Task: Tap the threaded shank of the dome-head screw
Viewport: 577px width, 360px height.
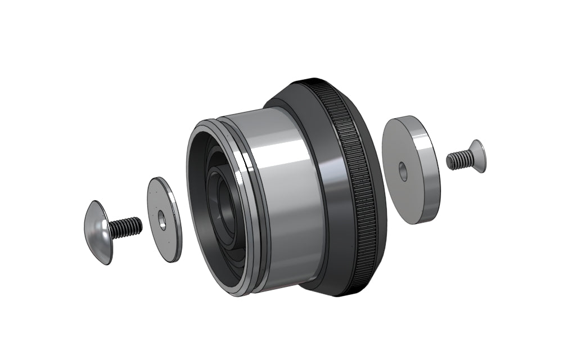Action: coord(126,227)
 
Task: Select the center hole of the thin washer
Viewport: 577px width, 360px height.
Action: coord(162,220)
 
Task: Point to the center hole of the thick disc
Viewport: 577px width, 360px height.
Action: coord(403,171)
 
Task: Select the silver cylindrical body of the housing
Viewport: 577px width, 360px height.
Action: coord(292,197)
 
